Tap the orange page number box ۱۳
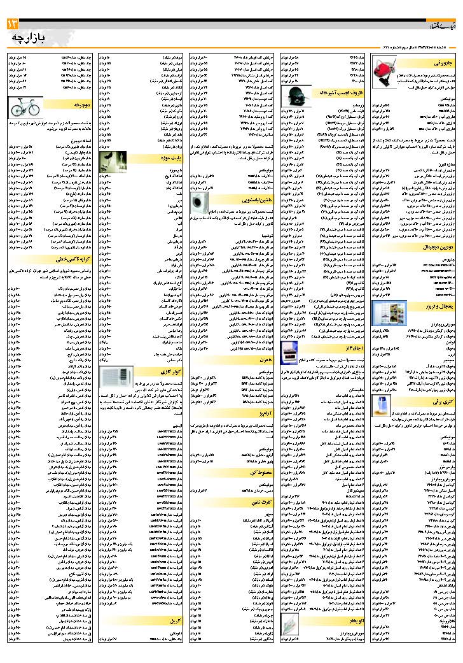[13, 24]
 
